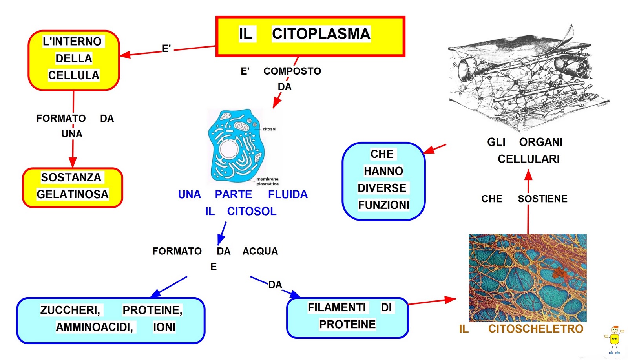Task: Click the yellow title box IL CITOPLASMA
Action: tap(310, 36)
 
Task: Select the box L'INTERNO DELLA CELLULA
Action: tap(73, 60)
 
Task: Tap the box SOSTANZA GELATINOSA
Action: tap(73, 187)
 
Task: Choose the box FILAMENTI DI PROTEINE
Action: tap(347, 317)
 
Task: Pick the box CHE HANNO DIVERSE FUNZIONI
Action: tap(383, 181)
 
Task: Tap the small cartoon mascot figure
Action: tap(614, 340)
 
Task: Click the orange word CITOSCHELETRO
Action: tap(535, 329)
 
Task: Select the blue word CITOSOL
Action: tap(252, 212)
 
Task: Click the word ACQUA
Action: tap(260, 251)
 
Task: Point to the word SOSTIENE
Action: tap(542, 199)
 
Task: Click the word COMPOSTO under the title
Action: tap(292, 71)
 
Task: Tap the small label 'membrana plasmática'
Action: tap(267, 181)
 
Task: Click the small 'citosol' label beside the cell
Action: tap(269, 129)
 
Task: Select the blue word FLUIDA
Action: tap(288, 195)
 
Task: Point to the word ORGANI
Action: tap(540, 142)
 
